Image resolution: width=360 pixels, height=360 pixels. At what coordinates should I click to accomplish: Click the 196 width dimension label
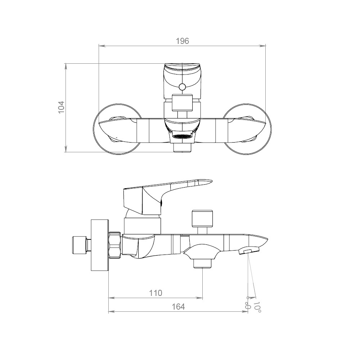(182, 41)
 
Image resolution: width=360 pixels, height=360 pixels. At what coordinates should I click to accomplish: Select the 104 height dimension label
(61, 107)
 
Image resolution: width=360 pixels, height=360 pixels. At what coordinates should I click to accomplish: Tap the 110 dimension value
(156, 293)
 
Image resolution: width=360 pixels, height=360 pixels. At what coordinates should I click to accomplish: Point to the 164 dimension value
(178, 307)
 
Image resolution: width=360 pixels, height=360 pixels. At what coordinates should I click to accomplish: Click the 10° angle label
(257, 307)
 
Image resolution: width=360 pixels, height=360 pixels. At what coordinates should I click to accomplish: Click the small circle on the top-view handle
(182, 87)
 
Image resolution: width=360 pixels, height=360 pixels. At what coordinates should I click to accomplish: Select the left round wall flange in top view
(117, 129)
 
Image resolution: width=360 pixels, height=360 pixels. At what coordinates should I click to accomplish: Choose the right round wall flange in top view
(248, 129)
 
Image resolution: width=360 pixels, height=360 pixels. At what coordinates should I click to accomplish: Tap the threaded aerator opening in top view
(182, 136)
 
